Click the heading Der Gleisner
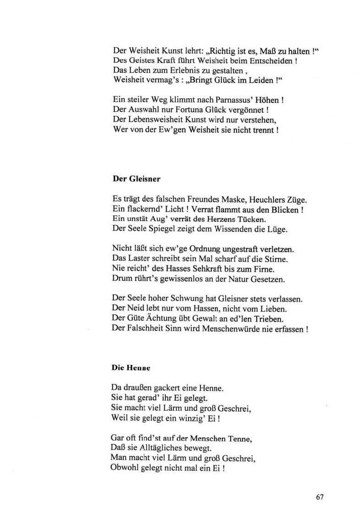click(x=136, y=179)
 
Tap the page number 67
click(x=320, y=497)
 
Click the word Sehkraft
click(x=196, y=268)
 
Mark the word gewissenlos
click(x=171, y=279)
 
